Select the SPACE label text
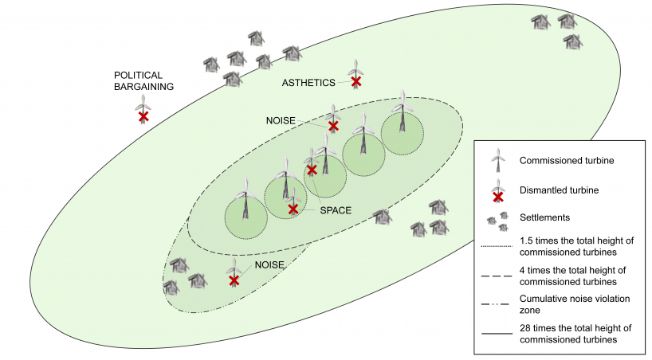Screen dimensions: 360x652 [336, 211]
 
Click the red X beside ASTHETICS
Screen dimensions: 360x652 [356, 81]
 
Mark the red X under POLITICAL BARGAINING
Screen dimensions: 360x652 [143, 117]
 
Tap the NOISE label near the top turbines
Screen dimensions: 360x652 [281, 120]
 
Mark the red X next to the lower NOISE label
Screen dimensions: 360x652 [234, 280]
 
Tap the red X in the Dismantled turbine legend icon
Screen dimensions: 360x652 [498, 196]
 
